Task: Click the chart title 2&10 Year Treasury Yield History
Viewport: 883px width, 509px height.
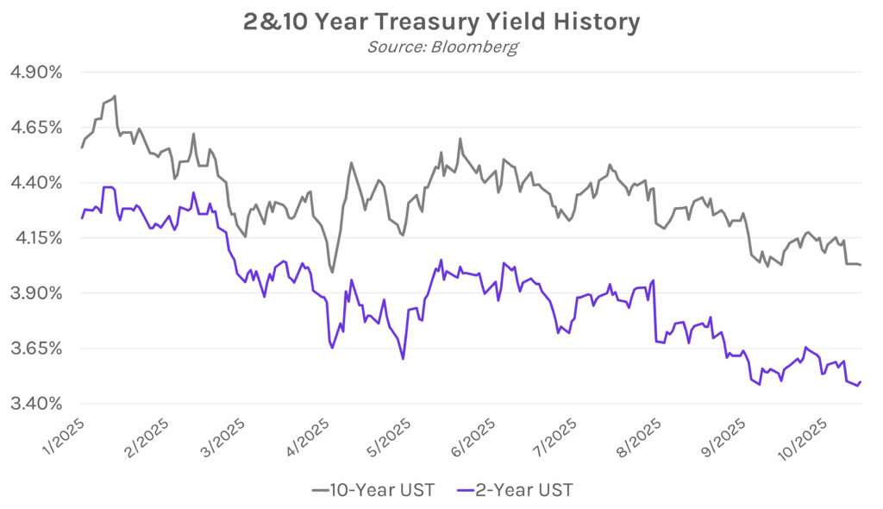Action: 441,22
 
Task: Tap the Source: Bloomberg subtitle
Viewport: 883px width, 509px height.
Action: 442,47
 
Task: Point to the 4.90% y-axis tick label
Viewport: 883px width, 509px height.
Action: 35,72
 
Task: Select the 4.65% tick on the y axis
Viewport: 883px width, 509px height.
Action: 35,128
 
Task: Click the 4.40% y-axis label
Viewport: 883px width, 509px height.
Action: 35,183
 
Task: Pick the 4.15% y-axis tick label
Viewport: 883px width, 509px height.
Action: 35,238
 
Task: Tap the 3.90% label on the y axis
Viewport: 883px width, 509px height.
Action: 35,293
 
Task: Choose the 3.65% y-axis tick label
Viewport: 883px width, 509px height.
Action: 35,349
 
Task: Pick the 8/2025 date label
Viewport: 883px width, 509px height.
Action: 636,436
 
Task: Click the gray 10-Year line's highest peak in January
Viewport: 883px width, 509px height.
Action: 114,96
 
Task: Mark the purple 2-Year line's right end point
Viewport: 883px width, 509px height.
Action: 861,381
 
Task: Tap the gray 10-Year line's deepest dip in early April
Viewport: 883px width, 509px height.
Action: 332,272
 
